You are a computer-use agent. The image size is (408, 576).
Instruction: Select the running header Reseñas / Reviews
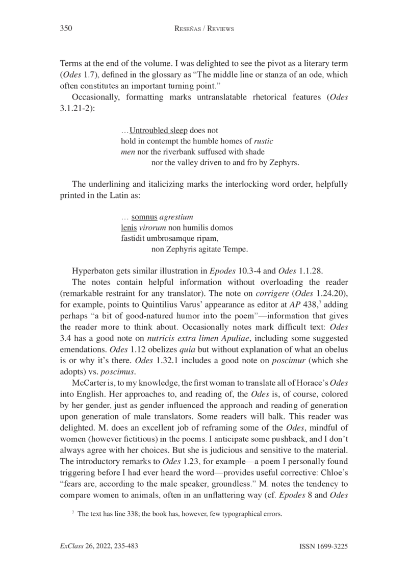point(204,29)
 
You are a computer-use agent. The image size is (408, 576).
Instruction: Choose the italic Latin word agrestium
point(173,218)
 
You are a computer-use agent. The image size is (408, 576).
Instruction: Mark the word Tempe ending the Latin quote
point(235,250)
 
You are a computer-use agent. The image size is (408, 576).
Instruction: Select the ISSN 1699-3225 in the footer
point(323,547)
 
